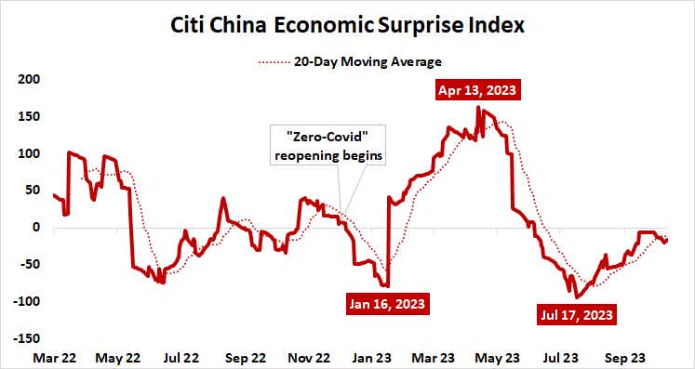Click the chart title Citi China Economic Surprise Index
point(348,25)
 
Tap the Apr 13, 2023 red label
point(478,90)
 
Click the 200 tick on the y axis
point(31,80)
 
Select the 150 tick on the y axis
point(31,116)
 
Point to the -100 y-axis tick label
point(28,301)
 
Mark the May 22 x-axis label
point(117,356)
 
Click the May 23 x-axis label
point(499,356)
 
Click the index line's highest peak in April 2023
point(478,108)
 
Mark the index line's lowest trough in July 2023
point(578,297)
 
